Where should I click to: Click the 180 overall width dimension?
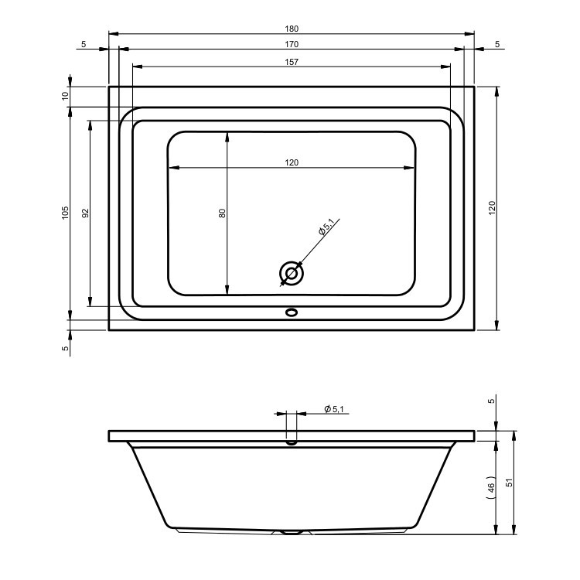pos(292,29)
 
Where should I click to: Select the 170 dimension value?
pos(292,44)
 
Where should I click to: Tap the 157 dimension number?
pos(292,62)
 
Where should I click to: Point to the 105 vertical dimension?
pos(65,213)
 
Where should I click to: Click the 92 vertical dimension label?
pos(85,213)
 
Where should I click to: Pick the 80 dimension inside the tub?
pos(222,213)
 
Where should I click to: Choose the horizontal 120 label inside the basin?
pos(292,162)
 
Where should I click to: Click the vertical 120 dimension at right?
pos(492,208)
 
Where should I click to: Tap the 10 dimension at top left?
pos(65,96)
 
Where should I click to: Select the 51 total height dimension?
pos(510,483)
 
